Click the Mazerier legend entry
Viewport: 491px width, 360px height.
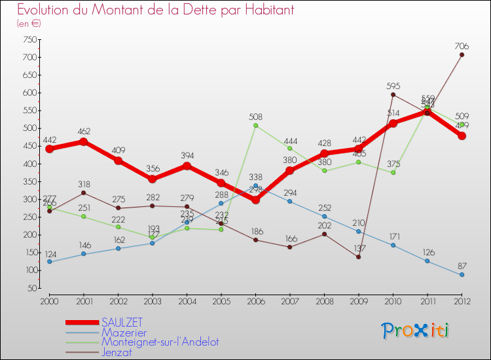[124, 332]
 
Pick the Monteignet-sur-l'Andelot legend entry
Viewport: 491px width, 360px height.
[160, 342]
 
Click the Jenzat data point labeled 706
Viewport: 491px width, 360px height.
[462, 54]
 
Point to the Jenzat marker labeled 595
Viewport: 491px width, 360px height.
[393, 94]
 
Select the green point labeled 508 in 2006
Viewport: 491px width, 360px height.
[255, 125]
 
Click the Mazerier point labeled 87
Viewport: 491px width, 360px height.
[462, 275]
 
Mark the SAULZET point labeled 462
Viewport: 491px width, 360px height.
[83, 141]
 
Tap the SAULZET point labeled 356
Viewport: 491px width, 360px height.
[152, 179]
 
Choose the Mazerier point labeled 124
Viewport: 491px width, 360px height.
[49, 262]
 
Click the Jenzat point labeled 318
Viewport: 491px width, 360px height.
[83, 192]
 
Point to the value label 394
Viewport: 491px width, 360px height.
[187, 155]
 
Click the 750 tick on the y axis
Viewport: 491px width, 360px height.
[28, 39]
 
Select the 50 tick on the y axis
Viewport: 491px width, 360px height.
[30, 288]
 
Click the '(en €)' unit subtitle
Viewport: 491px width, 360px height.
[29, 24]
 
